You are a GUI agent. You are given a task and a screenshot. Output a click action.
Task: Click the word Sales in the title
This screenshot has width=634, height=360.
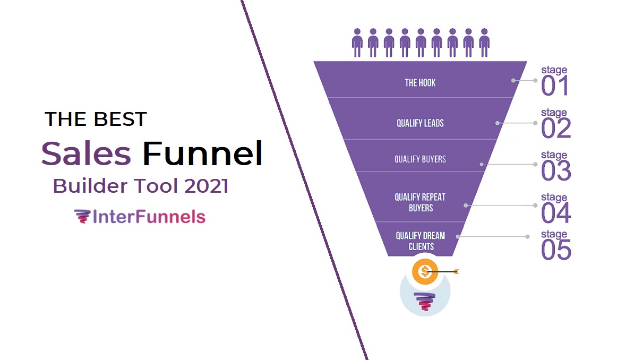(86, 154)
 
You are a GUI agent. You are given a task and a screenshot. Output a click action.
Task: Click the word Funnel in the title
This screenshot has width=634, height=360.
(202, 154)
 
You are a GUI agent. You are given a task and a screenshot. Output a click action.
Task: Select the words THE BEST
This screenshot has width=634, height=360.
(96, 119)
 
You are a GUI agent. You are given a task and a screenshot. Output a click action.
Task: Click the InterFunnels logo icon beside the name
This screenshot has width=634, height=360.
(82, 217)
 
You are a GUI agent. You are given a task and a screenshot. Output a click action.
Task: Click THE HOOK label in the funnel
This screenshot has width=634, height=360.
(420, 83)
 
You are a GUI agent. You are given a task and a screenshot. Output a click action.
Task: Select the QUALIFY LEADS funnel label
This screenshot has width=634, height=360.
(420, 123)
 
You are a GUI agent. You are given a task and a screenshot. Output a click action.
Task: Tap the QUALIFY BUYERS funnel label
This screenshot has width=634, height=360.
(420, 159)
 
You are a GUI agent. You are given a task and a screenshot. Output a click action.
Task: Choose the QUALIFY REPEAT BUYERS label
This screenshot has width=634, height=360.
(420, 202)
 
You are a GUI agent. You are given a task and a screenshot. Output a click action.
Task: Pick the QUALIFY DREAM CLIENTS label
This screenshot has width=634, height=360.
(421, 241)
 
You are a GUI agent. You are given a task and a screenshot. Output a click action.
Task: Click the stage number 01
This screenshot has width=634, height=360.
(555, 87)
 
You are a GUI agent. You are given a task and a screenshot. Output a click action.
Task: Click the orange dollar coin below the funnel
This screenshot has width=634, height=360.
(424, 272)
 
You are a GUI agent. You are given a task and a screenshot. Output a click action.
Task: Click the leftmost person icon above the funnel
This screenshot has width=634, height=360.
(357, 43)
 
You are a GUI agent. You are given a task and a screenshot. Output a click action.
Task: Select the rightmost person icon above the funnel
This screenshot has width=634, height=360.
(484, 43)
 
